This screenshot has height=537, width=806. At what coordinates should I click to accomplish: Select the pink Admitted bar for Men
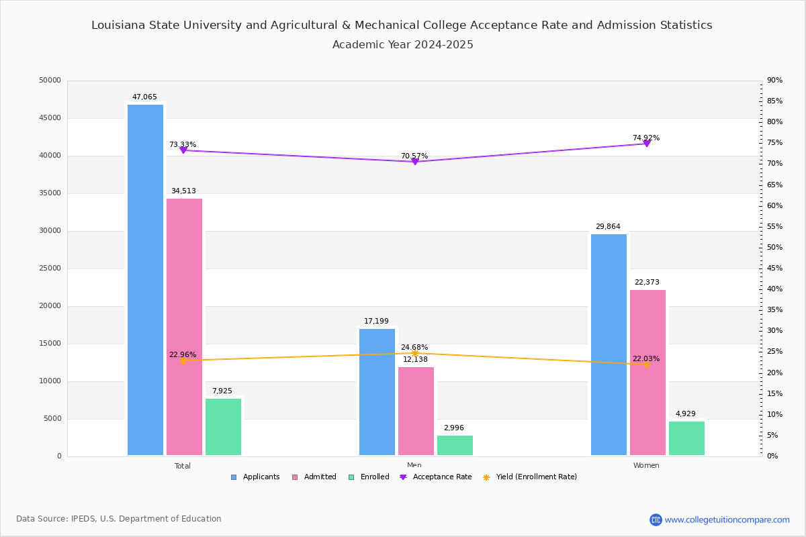pos(416,411)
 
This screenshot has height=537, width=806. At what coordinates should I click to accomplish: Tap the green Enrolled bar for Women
pos(686,438)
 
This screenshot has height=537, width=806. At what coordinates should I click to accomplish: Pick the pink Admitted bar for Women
pos(647,373)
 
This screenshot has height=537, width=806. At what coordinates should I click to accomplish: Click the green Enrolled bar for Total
pos(223,427)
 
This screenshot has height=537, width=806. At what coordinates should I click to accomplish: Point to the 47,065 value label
pos(144,97)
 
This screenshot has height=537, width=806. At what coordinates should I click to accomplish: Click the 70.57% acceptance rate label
pos(414,156)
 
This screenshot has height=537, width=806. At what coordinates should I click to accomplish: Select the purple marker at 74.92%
pos(647,144)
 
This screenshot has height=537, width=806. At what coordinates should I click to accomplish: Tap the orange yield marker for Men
pos(415,353)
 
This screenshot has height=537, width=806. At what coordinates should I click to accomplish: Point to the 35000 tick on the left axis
pos(50,193)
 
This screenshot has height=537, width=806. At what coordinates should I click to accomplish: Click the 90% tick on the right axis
pos(774,81)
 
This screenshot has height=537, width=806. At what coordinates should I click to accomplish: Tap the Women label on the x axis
pos(646,466)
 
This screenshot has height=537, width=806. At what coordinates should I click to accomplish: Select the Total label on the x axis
pos(183,466)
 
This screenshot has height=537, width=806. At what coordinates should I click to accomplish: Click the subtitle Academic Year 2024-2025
pos(403,45)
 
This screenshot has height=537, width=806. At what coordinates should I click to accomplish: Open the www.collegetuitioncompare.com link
pos(727,520)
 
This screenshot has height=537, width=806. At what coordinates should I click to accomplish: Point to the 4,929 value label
pos(686,414)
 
